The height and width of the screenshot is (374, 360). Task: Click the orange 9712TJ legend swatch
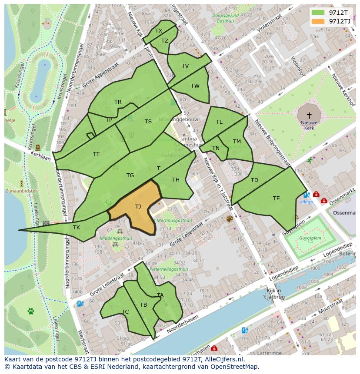(x=318, y=21)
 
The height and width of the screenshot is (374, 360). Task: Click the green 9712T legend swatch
(x=318, y=13)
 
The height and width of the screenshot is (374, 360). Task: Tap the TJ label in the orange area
(x=138, y=207)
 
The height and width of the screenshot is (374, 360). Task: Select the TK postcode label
(x=77, y=227)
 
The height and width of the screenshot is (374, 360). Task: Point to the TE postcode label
(x=276, y=199)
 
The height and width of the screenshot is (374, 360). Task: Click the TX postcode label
(x=159, y=31)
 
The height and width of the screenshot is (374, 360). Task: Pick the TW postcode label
(x=195, y=86)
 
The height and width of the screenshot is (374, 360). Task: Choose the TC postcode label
(x=125, y=312)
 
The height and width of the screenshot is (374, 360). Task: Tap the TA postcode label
(x=160, y=295)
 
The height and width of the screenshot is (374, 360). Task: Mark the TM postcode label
(x=237, y=142)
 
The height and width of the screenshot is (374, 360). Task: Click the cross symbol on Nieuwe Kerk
(x=309, y=116)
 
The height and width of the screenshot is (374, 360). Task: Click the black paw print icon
(x=31, y=311)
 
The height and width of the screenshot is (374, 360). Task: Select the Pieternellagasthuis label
(x=169, y=269)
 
